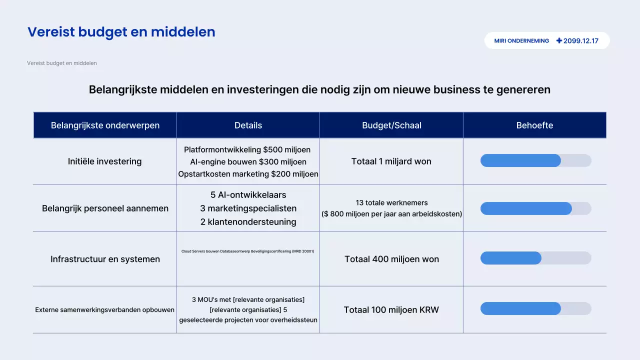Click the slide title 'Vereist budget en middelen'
click(121, 32)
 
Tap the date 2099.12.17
click(581, 41)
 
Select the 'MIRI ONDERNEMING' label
click(521, 41)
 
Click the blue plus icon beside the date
click(559, 41)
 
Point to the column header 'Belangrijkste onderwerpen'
click(105, 125)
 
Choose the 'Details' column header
click(248, 125)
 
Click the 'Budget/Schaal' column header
click(391, 125)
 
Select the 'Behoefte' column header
click(534, 125)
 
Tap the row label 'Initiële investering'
click(105, 161)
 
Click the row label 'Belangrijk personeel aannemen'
click(105, 208)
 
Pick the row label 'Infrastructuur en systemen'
click(105, 259)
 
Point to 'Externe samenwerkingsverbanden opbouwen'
click(105, 310)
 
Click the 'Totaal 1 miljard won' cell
click(391, 161)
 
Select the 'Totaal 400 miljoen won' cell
click(391, 259)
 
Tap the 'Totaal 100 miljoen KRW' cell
click(391, 310)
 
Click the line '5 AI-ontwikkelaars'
click(248, 195)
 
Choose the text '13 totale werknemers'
click(391, 203)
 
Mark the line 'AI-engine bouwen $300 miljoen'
click(248, 162)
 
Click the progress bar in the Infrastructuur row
click(535, 258)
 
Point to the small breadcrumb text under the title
click(62, 63)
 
